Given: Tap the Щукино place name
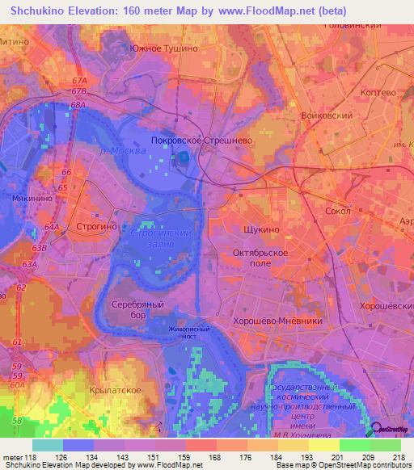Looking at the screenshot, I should [262, 229].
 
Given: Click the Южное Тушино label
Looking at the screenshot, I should [164, 48].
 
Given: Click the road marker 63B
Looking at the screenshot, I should [39, 249].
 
